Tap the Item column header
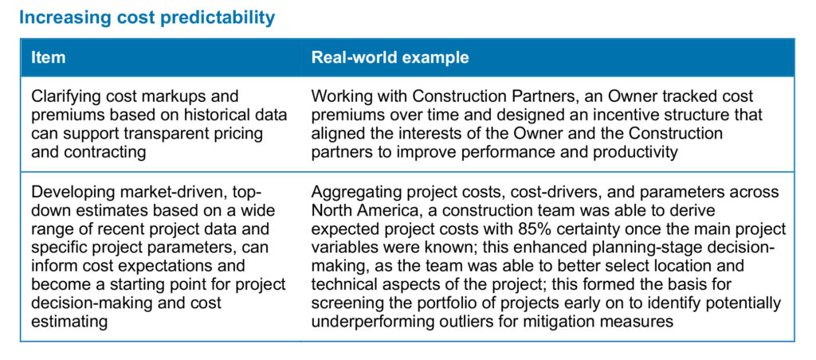[49, 57]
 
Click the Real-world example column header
[390, 57]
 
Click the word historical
[206, 115]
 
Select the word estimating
[69, 321]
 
